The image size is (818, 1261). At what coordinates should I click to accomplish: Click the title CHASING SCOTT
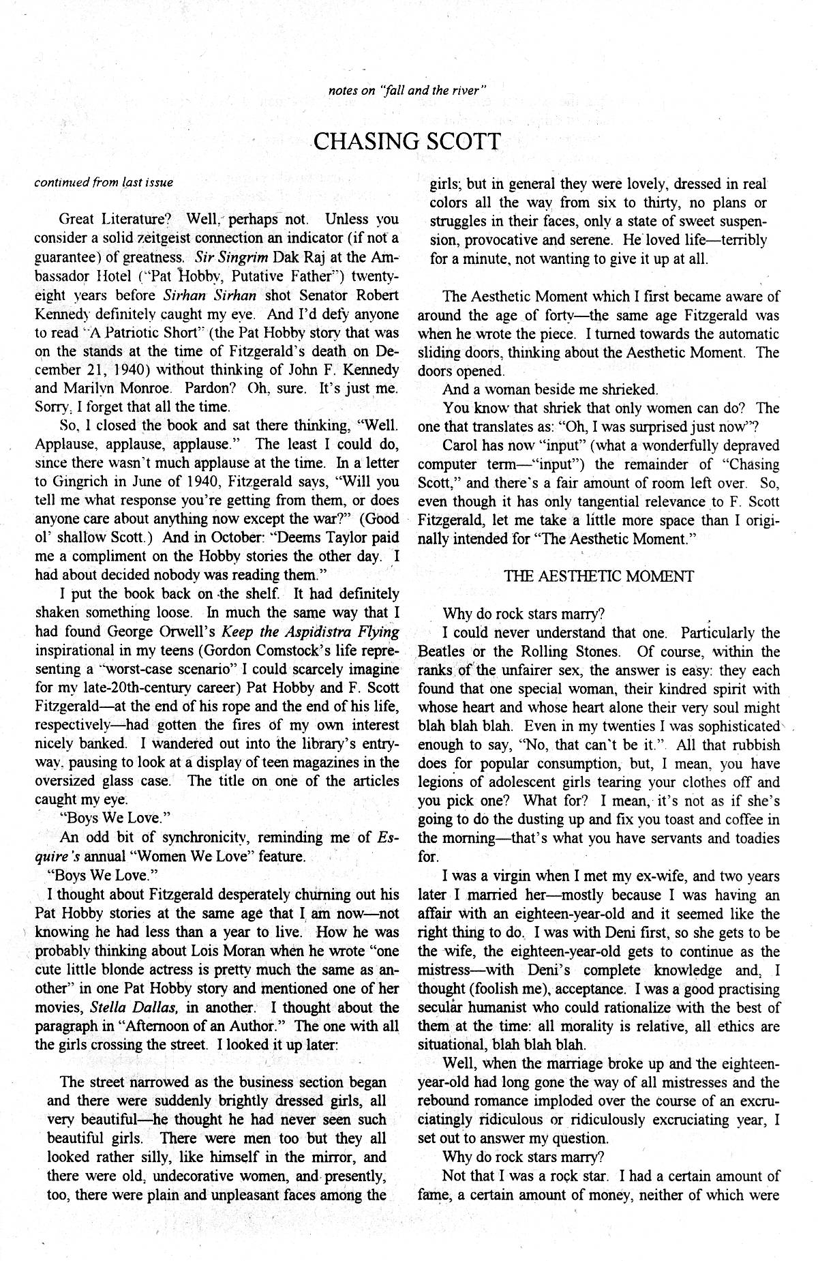click(x=407, y=142)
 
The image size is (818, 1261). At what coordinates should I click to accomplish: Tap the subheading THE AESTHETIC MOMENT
click(x=599, y=576)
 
